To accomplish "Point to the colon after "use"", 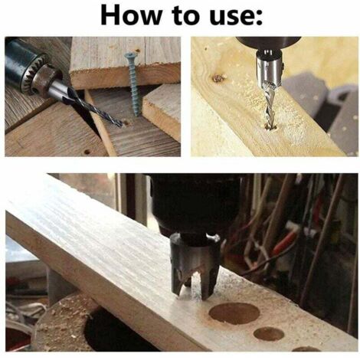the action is (259, 18).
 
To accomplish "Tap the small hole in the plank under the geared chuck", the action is (87, 152).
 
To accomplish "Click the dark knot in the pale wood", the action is (218, 78).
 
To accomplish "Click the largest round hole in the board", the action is (234, 313).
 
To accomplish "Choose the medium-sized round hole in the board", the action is (269, 334).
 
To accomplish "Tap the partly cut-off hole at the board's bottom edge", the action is (306, 349).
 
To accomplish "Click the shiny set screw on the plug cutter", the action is (214, 239).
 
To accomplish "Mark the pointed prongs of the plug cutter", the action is (194, 286).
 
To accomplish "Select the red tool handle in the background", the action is (285, 241).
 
